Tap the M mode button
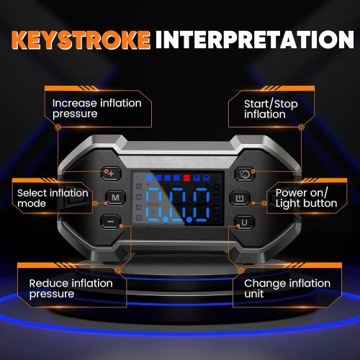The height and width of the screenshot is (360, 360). [x=114, y=197]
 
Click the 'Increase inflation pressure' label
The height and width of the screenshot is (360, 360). [x=96, y=108]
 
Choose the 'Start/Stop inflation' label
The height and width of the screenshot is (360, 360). [x=264, y=109]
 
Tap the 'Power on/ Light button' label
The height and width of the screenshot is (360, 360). [x=306, y=198]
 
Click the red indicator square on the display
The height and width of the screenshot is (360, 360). [x=186, y=176]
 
